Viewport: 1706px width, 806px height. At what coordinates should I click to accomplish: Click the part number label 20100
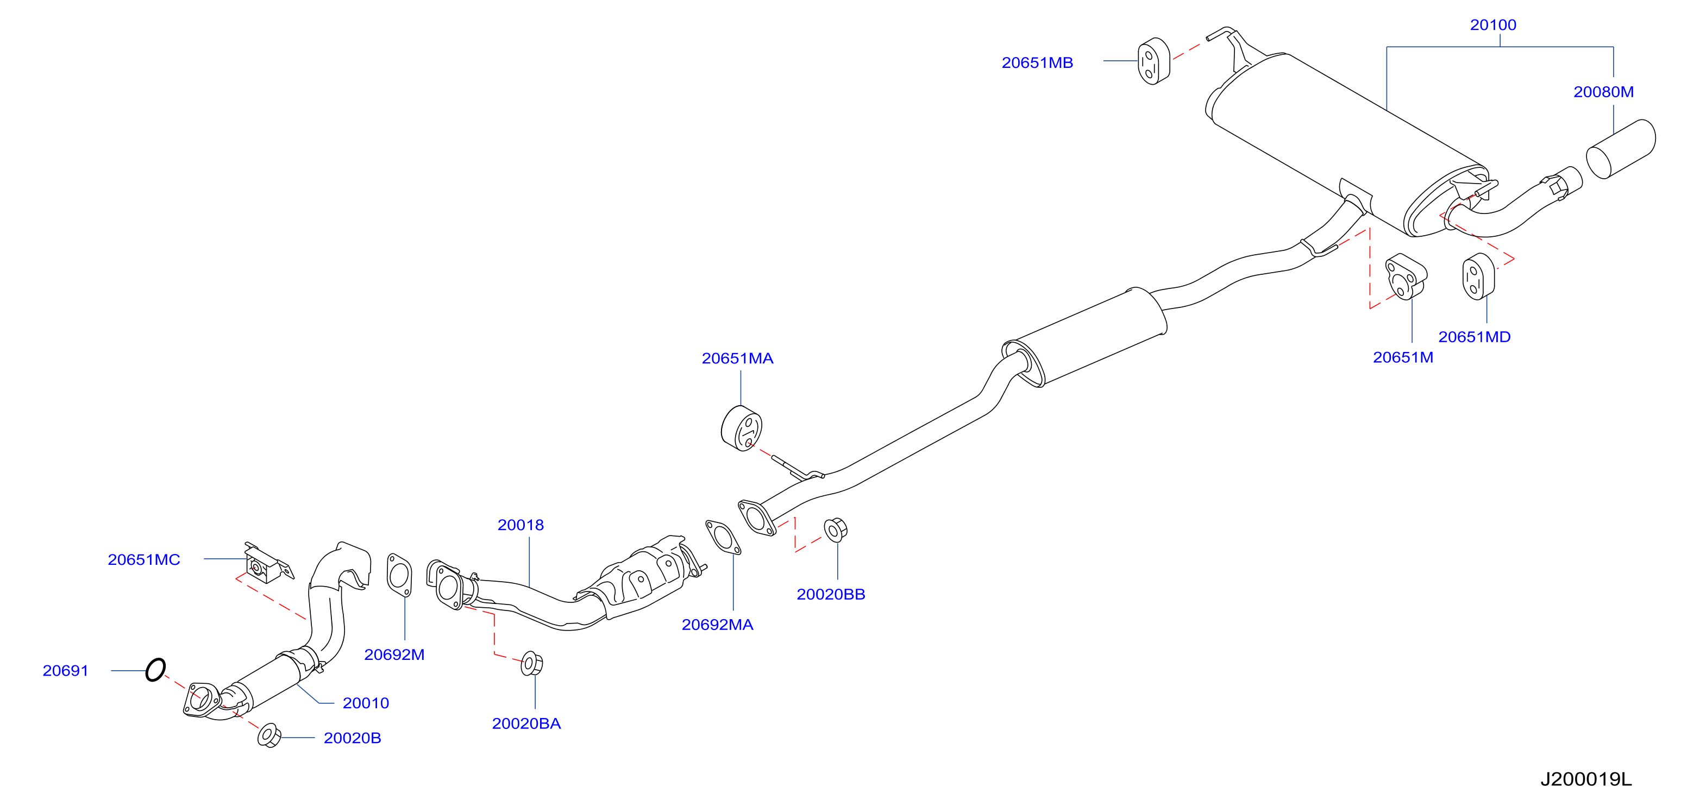1493,25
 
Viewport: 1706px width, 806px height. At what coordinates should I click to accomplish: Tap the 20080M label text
1603,92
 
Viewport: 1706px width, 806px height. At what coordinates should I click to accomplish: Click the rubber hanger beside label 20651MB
1153,61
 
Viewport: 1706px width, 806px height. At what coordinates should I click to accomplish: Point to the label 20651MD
1474,337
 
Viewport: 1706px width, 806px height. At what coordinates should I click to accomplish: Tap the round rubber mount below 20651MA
741,429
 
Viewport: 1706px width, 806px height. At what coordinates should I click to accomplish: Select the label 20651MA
737,358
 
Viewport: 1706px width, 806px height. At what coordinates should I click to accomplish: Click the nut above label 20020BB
835,530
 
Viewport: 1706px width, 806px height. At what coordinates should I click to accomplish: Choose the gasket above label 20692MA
723,537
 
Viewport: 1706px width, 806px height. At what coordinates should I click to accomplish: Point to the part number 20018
520,525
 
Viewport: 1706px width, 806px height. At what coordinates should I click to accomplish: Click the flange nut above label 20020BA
532,663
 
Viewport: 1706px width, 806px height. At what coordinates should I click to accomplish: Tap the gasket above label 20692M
399,575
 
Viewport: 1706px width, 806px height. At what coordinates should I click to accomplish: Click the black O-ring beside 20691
155,670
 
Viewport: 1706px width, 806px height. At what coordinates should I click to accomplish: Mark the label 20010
366,703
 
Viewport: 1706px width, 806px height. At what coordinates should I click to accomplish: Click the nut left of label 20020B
269,735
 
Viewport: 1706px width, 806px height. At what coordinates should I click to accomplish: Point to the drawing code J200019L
1586,779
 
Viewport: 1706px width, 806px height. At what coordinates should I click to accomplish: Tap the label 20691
66,671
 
